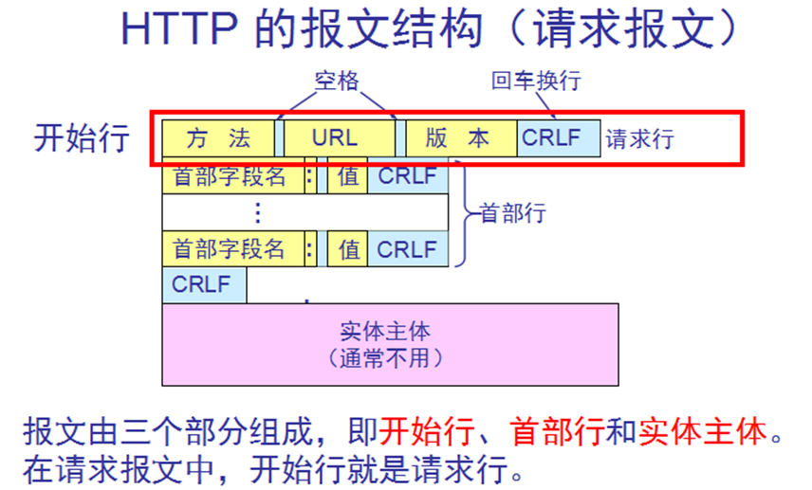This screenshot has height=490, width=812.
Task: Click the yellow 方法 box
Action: click(218, 138)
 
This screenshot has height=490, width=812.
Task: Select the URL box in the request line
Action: click(337, 138)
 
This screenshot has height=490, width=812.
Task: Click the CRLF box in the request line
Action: click(558, 138)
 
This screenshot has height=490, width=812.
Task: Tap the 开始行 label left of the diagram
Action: click(82, 137)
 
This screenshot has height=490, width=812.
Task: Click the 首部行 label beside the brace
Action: click(513, 212)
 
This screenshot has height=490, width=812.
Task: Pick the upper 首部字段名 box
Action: click(230, 176)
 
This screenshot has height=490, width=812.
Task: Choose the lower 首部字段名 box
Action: click(230, 249)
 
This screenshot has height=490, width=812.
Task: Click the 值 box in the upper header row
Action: click(348, 176)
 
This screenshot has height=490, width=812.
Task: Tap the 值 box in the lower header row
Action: click(348, 249)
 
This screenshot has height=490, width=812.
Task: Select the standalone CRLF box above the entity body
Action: click(203, 284)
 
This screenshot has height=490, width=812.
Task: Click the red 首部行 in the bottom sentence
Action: click(557, 433)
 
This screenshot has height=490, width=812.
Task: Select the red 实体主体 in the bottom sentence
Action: click(703, 433)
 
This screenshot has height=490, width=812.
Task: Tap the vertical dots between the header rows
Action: click(257, 212)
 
